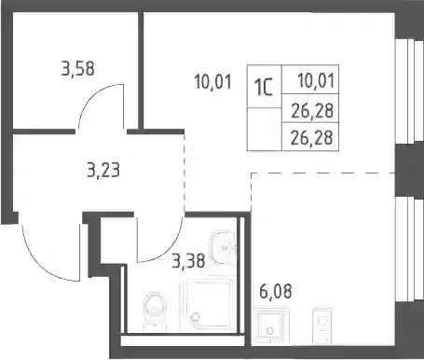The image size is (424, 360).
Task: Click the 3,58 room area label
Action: tap(77, 69)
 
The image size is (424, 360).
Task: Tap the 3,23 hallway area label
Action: tap(103, 171)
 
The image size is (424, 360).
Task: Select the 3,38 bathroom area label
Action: tap(189, 260)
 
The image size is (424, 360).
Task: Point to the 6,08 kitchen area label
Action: tap(276, 291)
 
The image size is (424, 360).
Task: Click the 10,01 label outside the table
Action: tap(213, 82)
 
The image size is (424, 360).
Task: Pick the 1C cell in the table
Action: tap(264, 86)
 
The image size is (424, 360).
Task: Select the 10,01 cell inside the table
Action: tap(310, 79)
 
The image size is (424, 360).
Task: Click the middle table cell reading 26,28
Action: tap(310, 108)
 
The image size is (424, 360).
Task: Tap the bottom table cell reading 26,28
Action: tap(310, 137)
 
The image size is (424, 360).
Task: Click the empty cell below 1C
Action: tap(264, 130)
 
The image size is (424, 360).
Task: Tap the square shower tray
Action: tap(207, 306)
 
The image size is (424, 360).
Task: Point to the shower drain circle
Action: tap(196, 316)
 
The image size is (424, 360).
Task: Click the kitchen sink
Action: tap(270, 325)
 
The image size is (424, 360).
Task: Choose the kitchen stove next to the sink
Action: tap(322, 325)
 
